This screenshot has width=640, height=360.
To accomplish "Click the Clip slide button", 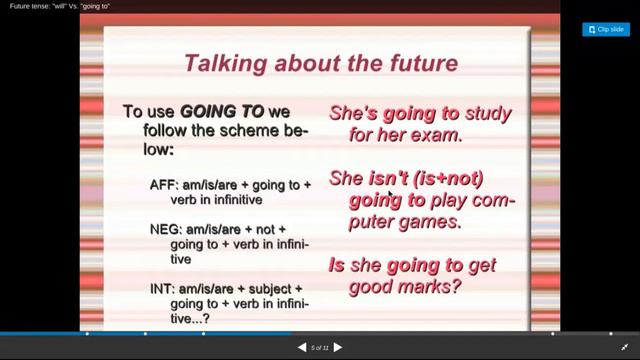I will [x=606, y=30].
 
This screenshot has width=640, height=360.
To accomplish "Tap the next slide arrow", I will [x=338, y=347].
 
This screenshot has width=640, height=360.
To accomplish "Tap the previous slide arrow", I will [x=302, y=347].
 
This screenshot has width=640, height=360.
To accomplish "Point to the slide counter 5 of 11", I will [x=320, y=347].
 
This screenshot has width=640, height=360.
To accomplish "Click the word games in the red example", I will [x=429, y=221].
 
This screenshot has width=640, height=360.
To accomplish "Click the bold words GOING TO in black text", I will [x=221, y=111].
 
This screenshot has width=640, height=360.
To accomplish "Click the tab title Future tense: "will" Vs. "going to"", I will [x=60, y=6].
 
